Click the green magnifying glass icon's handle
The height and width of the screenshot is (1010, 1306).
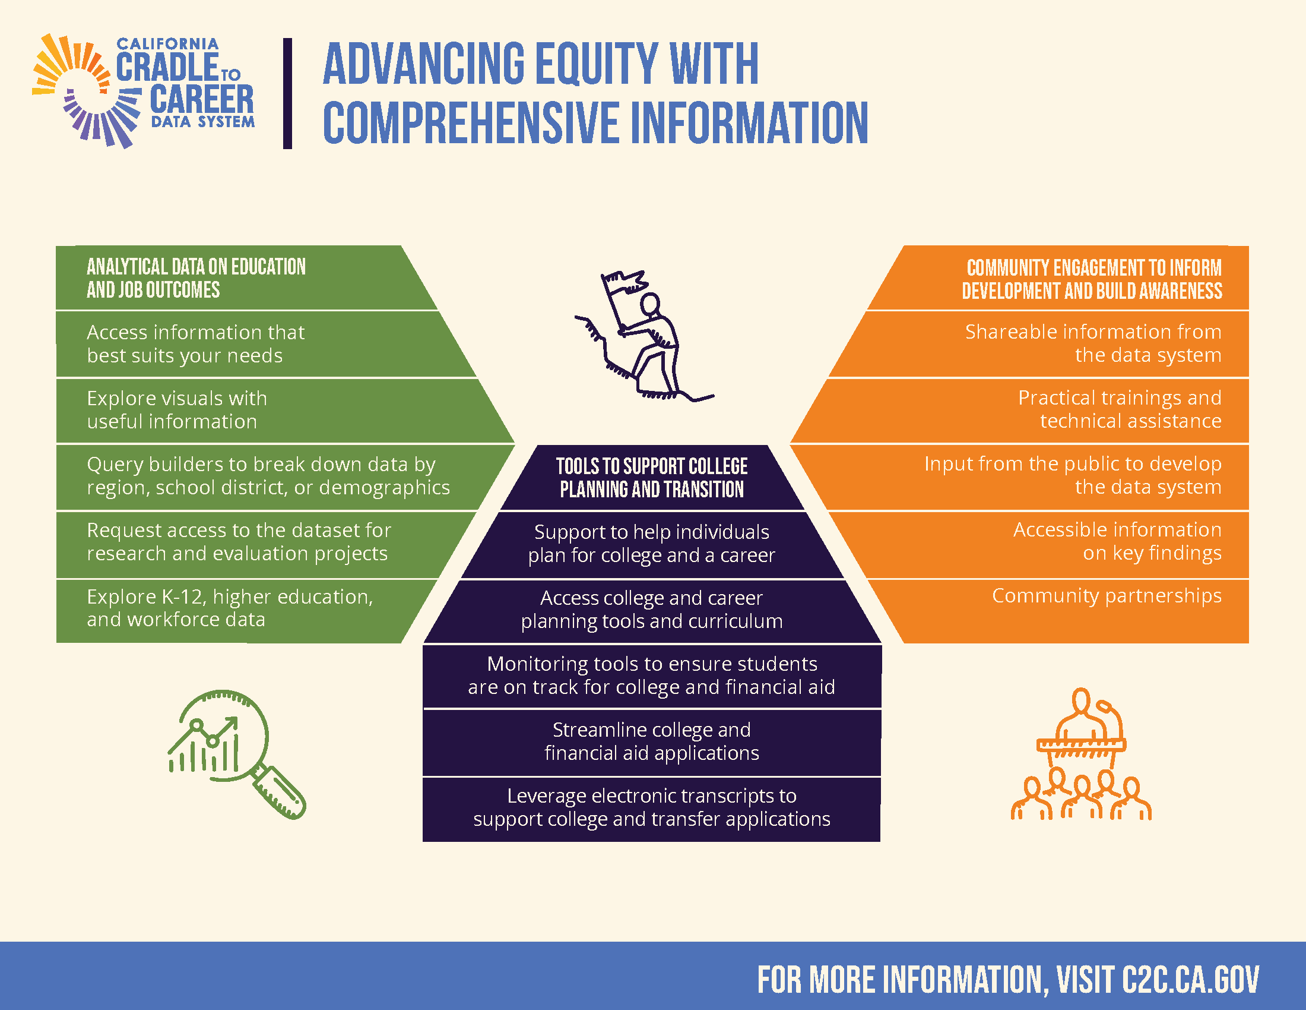click(x=278, y=792)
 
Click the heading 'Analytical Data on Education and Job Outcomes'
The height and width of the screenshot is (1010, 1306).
click(x=196, y=278)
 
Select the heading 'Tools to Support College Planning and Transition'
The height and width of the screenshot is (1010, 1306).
click(x=652, y=478)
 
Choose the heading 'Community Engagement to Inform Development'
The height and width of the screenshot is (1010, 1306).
click(x=1092, y=279)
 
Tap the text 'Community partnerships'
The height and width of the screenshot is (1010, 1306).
click(x=1107, y=596)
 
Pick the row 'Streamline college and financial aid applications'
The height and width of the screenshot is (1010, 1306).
click(x=652, y=741)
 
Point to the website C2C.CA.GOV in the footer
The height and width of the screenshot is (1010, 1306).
click(x=1191, y=979)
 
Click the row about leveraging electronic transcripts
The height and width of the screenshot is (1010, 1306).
click(x=652, y=807)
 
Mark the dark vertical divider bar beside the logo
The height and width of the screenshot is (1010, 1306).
click(x=288, y=93)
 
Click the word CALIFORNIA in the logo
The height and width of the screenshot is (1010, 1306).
click(x=167, y=44)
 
